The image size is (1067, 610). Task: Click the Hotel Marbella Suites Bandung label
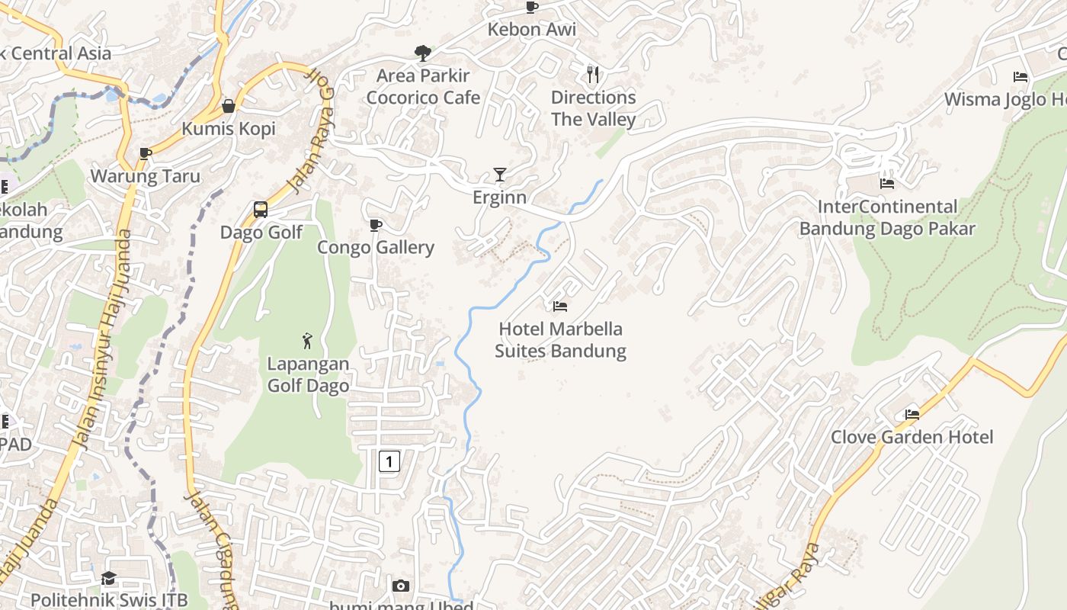560,340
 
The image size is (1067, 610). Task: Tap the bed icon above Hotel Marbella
560,307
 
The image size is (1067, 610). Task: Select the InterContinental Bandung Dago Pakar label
887,217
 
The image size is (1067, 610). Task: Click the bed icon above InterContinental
887,184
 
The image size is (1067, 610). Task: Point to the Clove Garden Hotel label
912,437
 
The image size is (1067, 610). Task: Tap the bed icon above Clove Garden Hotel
912,415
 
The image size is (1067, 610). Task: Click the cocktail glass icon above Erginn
499,175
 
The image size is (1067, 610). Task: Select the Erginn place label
499,197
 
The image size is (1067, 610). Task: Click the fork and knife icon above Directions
593,75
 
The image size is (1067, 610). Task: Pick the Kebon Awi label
532,30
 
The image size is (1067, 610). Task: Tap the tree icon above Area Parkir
422,53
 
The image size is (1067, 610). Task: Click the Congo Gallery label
376,247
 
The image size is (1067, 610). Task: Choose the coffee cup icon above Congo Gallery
375,225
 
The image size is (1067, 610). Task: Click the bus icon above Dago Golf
261,210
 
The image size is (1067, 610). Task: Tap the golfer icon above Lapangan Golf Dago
307,341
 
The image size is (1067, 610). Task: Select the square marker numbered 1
389,461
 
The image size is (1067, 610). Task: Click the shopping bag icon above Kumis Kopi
228,106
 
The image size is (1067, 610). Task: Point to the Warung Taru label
146,176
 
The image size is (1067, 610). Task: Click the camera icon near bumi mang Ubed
401,586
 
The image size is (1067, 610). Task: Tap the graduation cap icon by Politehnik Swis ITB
108,579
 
